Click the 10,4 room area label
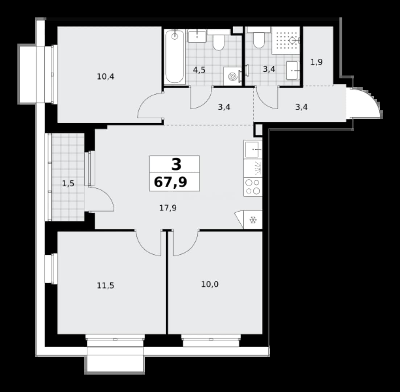click(106, 76)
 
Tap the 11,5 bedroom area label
click(106, 285)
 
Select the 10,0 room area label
click(210, 284)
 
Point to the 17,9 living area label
click(168, 208)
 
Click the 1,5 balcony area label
click(69, 183)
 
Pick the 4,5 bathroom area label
click(199, 70)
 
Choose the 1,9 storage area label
click(317, 62)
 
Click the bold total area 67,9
click(170, 182)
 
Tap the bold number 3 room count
click(176, 164)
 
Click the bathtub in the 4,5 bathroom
click(174, 57)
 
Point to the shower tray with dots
click(286, 40)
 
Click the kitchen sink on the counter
click(253, 150)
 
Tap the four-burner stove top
click(253, 187)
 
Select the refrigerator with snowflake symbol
click(253, 220)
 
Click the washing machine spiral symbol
click(232, 76)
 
